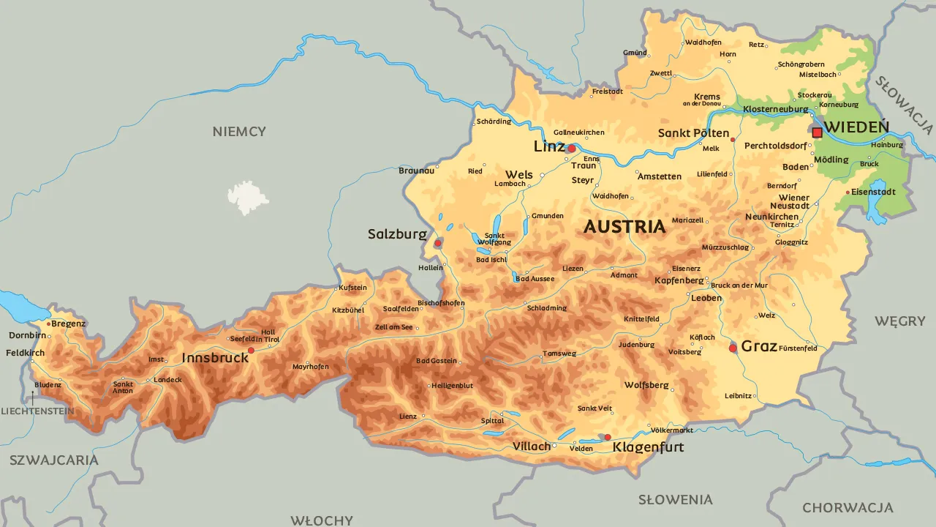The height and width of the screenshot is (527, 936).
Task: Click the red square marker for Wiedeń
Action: click(817, 132)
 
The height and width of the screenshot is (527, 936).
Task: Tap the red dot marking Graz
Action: click(733, 348)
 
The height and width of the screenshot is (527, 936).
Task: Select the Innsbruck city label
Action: click(215, 359)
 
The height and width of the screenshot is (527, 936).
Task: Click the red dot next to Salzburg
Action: click(438, 243)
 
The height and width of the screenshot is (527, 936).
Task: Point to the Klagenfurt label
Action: click(648, 446)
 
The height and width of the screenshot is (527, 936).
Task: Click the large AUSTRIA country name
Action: click(624, 227)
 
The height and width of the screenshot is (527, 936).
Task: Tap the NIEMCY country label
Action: click(239, 132)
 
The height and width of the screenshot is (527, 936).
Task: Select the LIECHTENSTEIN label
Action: click(37, 411)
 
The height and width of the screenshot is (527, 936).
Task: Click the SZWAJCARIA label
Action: click(53, 460)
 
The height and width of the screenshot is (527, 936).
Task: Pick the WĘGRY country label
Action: click(899, 321)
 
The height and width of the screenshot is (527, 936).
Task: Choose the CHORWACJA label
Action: click(848, 507)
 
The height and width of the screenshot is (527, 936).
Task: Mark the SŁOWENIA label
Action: click(675, 500)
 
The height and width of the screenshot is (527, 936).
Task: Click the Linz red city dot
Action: click(572, 149)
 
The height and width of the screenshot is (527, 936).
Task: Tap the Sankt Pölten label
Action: click(693, 133)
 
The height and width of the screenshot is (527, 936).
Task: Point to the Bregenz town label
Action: click(69, 324)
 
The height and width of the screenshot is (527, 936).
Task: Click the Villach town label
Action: click(531, 446)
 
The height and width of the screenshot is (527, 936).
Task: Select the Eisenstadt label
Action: click(873, 192)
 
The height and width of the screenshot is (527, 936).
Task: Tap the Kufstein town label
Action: click(352, 288)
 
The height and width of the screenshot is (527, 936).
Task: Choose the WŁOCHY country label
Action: click(322, 520)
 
